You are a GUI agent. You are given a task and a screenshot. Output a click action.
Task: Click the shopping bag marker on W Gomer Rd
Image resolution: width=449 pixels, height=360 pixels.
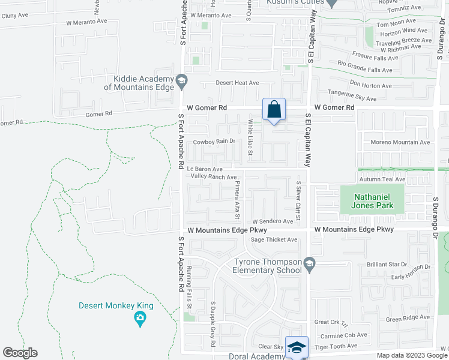274,110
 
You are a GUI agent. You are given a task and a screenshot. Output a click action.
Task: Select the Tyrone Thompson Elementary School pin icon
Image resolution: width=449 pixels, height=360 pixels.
309,263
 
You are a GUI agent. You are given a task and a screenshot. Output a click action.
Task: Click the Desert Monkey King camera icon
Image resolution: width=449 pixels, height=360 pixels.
140,318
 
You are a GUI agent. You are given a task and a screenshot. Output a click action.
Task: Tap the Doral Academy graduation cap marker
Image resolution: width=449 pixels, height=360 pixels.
297,347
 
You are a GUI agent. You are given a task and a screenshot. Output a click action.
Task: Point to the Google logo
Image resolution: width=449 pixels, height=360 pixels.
20,353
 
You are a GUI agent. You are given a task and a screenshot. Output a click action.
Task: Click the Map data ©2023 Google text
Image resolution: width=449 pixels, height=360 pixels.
411,355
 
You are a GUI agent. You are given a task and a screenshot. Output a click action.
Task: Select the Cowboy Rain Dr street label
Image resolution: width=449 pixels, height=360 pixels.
213,142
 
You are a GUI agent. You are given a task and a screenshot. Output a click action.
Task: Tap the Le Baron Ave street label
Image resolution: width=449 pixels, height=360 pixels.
204,170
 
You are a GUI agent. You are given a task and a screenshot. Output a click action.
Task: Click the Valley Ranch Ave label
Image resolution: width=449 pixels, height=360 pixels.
214,177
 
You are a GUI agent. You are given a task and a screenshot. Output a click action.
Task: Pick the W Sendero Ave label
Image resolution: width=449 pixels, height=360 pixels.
273,221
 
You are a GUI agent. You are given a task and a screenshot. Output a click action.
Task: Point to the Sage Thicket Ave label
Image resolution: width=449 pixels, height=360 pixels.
274,240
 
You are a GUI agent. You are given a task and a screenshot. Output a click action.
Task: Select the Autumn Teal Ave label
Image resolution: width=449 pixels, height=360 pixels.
382,179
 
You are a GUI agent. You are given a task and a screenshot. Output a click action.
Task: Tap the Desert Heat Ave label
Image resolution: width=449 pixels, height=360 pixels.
238,83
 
